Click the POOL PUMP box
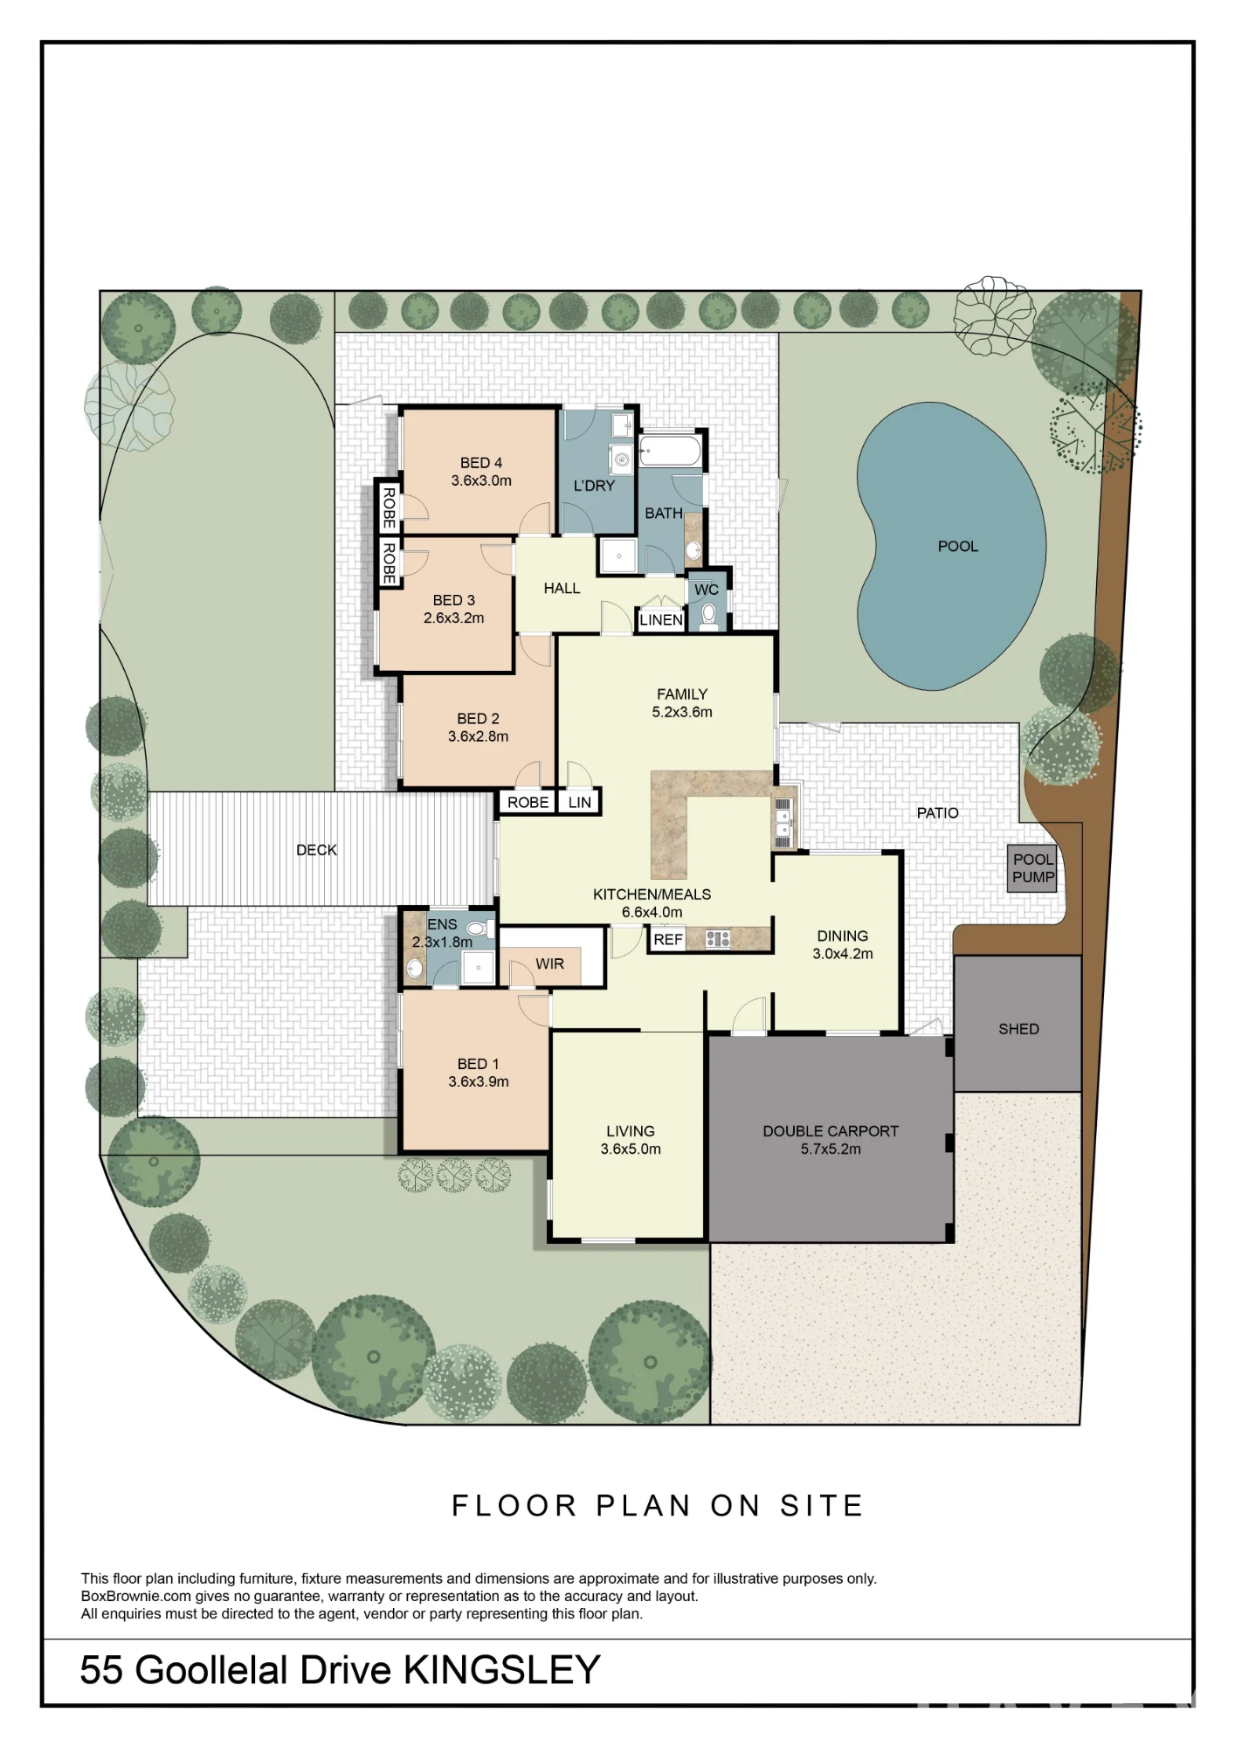[x=1032, y=868]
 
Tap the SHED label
[x=1018, y=1029]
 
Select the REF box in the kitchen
[x=667, y=940]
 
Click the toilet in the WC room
[x=709, y=615]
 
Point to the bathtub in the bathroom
[x=670, y=452]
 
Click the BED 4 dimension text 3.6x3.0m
[x=481, y=480]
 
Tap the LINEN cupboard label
[x=661, y=620]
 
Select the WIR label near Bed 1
[x=549, y=963]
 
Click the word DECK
[x=316, y=850]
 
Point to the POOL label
[x=957, y=546]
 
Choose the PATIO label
[x=937, y=813]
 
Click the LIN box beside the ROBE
[x=579, y=802]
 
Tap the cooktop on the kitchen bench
[x=718, y=939]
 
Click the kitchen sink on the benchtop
[x=783, y=822]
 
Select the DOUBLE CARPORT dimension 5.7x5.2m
[x=831, y=1149]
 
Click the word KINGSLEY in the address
[x=501, y=1670]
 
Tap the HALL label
[x=562, y=589]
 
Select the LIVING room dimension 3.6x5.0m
[x=631, y=1149]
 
